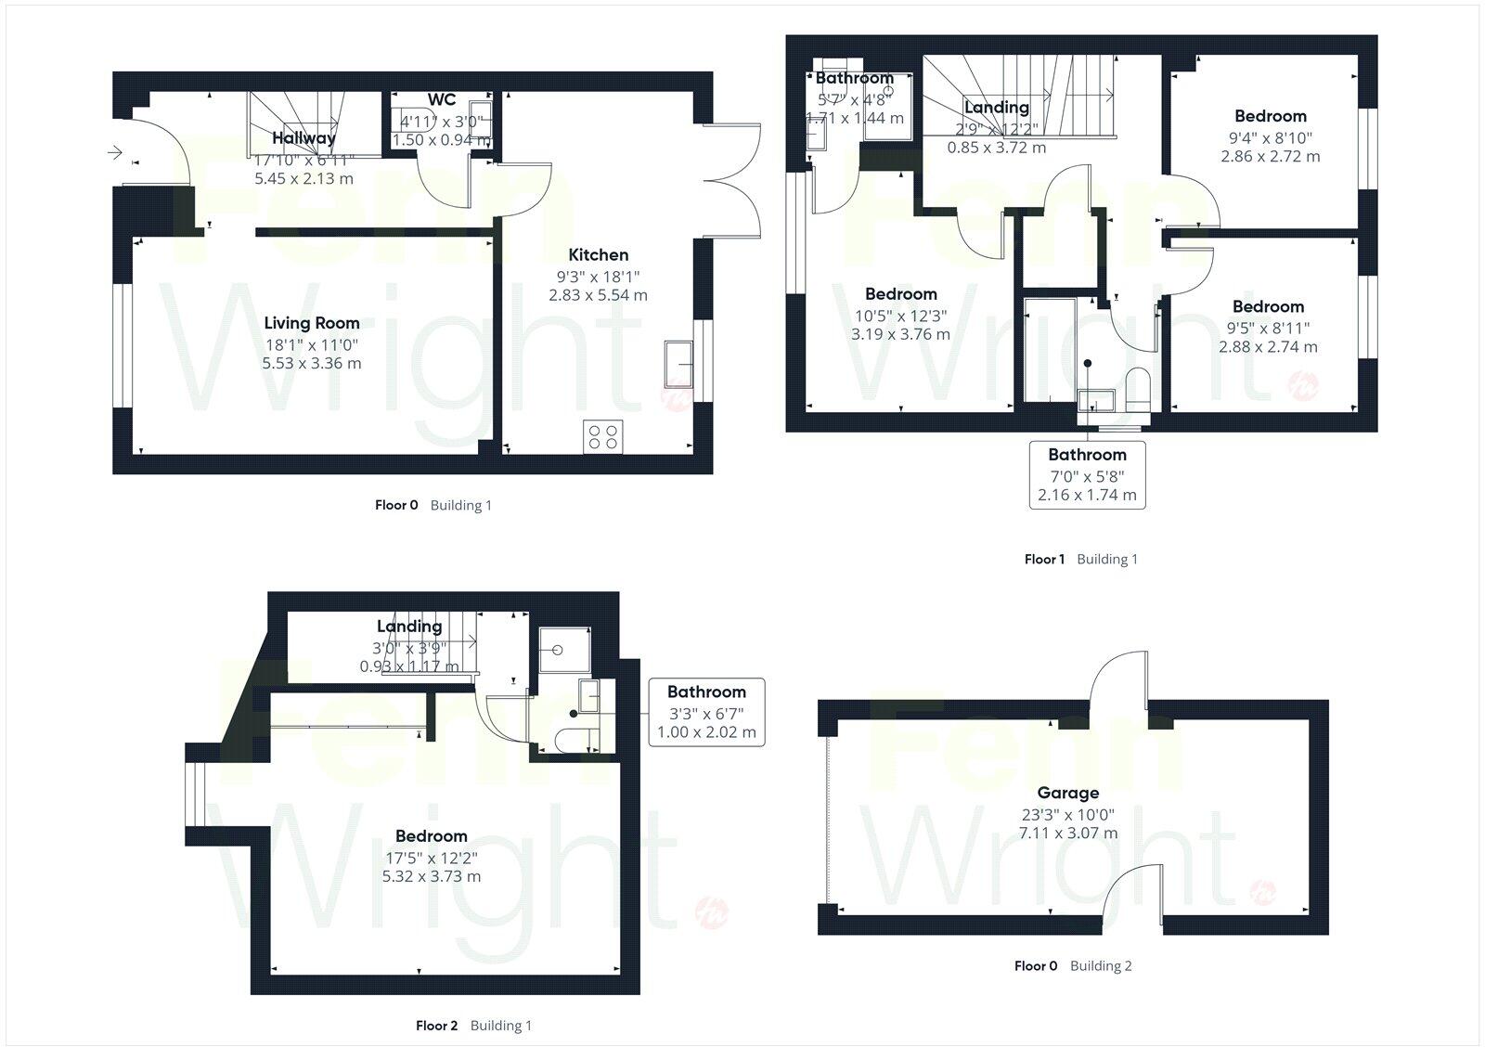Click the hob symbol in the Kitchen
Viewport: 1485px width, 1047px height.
click(x=602, y=436)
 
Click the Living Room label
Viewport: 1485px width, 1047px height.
click(x=312, y=323)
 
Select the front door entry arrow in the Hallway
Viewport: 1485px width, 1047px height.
click(x=115, y=152)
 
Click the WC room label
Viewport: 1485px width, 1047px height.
click(x=442, y=100)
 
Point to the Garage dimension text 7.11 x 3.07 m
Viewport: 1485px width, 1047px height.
click(x=1068, y=833)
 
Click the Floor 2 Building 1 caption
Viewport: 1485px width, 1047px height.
click(x=473, y=1026)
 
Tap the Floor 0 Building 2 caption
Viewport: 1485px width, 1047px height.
click(x=1073, y=965)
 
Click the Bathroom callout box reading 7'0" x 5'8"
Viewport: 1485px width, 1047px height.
click(x=1087, y=474)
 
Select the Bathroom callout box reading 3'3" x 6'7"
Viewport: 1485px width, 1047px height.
click(x=706, y=712)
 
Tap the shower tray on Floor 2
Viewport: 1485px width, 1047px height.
click(x=562, y=648)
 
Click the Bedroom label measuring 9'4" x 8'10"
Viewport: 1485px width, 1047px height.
click(x=1270, y=116)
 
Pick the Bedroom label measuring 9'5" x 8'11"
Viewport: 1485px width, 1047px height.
click(x=1268, y=306)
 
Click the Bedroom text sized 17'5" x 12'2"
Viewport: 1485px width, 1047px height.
click(x=431, y=835)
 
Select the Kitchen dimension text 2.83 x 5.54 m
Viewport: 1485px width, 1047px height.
click(x=598, y=295)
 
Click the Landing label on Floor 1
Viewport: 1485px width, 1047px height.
click(x=996, y=108)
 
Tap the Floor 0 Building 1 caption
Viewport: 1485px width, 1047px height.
click(x=433, y=505)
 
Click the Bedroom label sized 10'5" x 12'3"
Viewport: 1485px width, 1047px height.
click(x=900, y=294)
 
